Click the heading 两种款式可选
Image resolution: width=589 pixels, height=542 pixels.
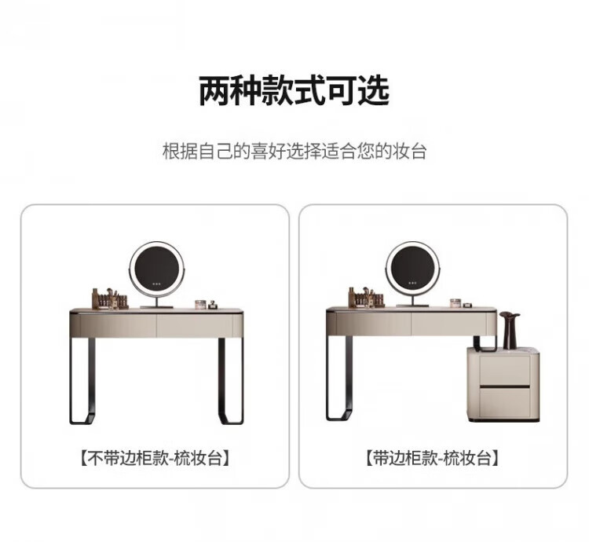coord(294,90)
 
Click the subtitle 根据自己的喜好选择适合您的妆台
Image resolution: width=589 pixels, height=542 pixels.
coord(294,152)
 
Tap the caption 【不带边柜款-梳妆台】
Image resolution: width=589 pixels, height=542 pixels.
coord(155,458)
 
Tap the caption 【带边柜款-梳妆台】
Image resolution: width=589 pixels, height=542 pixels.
coord(432,458)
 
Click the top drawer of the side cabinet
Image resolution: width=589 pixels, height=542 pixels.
coord(504,370)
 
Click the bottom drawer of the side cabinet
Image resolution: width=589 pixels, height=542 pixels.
coord(504,402)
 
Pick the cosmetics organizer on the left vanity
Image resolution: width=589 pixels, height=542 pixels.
coord(110,298)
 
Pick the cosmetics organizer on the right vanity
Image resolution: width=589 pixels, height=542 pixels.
coord(365,297)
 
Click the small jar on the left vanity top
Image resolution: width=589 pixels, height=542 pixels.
coord(200,305)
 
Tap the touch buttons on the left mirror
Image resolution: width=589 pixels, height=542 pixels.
coord(157,284)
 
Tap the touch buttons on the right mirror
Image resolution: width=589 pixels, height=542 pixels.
coord(412,283)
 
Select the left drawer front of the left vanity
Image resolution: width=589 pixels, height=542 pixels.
coord(118,325)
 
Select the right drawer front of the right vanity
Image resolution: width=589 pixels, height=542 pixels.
coord(448,324)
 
